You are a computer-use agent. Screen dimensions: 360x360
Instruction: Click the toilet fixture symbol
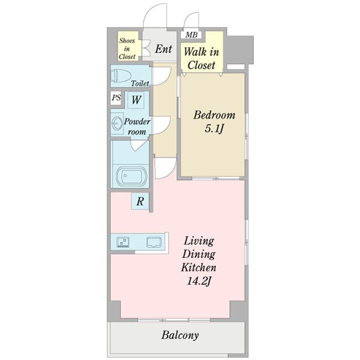(x=121, y=76)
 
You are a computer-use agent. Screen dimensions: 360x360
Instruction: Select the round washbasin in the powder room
(x=117, y=124)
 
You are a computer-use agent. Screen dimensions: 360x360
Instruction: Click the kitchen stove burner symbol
(x=122, y=242)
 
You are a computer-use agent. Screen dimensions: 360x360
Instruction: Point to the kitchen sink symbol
(x=154, y=242)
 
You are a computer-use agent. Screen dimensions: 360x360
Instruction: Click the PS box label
(x=116, y=98)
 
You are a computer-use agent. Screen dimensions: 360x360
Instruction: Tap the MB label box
(x=191, y=35)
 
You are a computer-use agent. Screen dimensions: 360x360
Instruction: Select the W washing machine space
(x=136, y=100)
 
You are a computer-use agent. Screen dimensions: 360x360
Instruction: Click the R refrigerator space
(x=140, y=201)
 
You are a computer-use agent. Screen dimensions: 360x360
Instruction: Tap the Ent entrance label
(x=163, y=49)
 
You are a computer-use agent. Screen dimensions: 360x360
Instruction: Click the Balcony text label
(x=180, y=335)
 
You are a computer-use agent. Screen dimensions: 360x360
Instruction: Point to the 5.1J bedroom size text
(x=214, y=128)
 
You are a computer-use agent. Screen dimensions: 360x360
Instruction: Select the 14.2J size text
(x=199, y=281)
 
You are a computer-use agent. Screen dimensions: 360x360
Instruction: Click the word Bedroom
(x=214, y=115)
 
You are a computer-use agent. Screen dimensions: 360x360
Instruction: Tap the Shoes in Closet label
(x=127, y=49)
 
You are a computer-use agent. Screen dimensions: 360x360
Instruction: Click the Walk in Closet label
(x=202, y=58)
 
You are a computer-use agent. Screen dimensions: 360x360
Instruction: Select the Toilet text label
(x=140, y=83)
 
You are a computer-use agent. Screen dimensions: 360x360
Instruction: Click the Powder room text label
(x=137, y=126)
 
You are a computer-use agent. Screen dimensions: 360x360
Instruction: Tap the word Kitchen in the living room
(x=199, y=268)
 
